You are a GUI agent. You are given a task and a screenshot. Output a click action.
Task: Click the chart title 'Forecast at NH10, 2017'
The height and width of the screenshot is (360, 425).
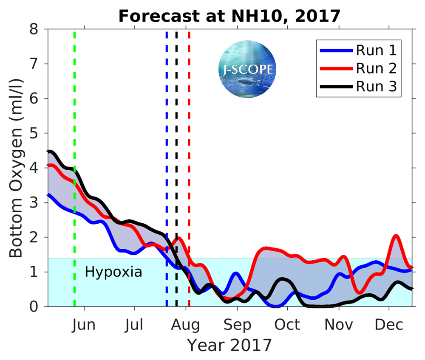(229, 16)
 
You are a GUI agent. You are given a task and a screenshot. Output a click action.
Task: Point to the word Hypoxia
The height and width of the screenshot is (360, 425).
(113, 272)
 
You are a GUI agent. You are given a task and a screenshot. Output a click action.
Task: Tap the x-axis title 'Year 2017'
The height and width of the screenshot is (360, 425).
(229, 345)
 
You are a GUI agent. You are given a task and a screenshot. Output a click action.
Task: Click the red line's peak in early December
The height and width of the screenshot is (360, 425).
(396, 236)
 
